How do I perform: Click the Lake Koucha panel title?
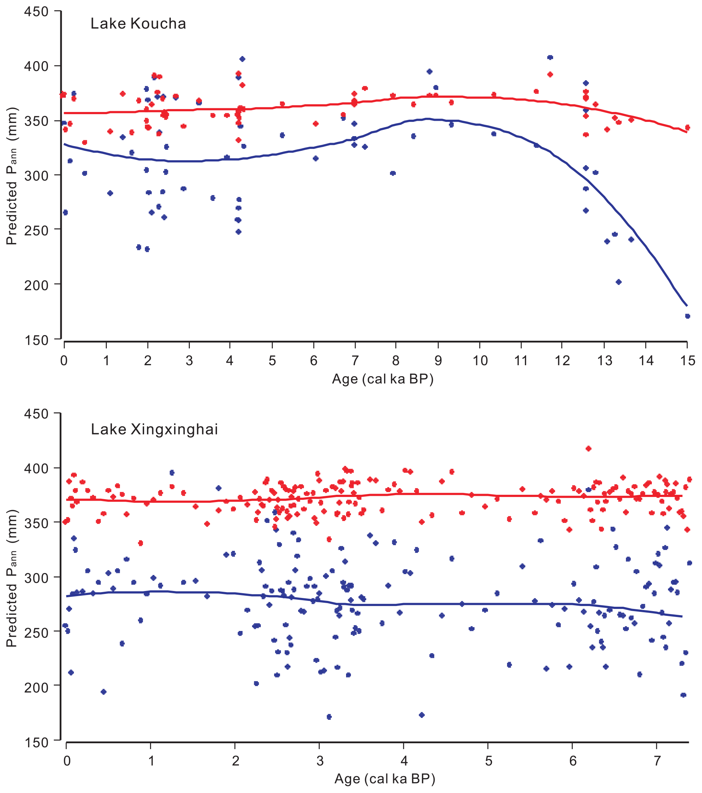[138, 24]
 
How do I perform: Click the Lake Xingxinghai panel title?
[154, 430]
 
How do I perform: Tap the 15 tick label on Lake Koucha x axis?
[688, 361]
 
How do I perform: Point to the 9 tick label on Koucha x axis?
[438, 361]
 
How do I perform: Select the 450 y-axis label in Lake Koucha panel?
[36, 12]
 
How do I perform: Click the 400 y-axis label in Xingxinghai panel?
[36, 468]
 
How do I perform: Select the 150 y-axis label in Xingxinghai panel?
[36, 742]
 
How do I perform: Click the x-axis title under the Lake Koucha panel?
[382, 379]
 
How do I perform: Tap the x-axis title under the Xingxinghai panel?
[385, 779]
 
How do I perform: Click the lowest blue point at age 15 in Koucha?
[687, 316]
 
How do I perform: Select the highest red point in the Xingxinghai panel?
[588, 449]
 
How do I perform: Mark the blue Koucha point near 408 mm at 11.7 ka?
[550, 57]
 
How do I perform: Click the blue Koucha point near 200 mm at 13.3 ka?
[619, 282]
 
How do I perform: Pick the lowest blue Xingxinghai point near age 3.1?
[329, 717]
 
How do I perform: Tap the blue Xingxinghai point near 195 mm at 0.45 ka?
[103, 692]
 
